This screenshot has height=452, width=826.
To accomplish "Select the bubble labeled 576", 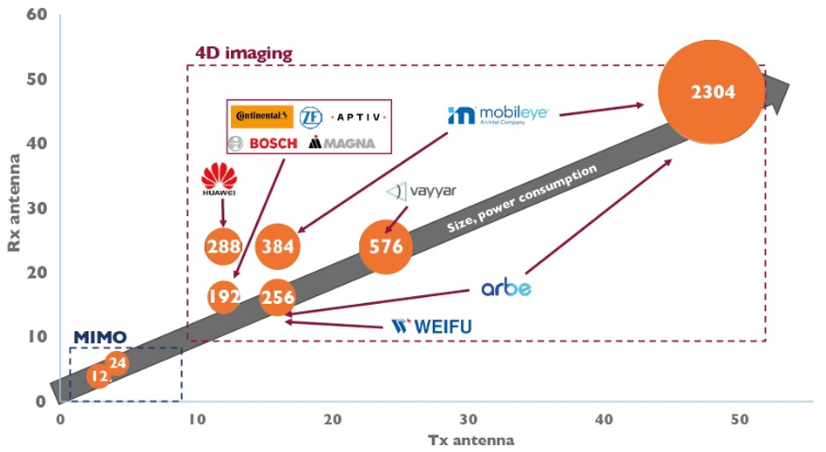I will tap(385, 246).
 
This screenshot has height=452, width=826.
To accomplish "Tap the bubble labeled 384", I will tap(279, 246).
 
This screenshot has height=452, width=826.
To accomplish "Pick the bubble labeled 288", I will tap(224, 246).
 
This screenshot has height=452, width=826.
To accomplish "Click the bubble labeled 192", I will tap(224, 296).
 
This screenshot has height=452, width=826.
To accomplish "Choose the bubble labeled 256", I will tap(278, 297).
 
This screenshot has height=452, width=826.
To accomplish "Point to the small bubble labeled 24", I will tap(117, 362).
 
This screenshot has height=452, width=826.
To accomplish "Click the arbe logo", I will tap(506, 288).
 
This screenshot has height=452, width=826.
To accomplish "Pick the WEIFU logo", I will tap(431, 327).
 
